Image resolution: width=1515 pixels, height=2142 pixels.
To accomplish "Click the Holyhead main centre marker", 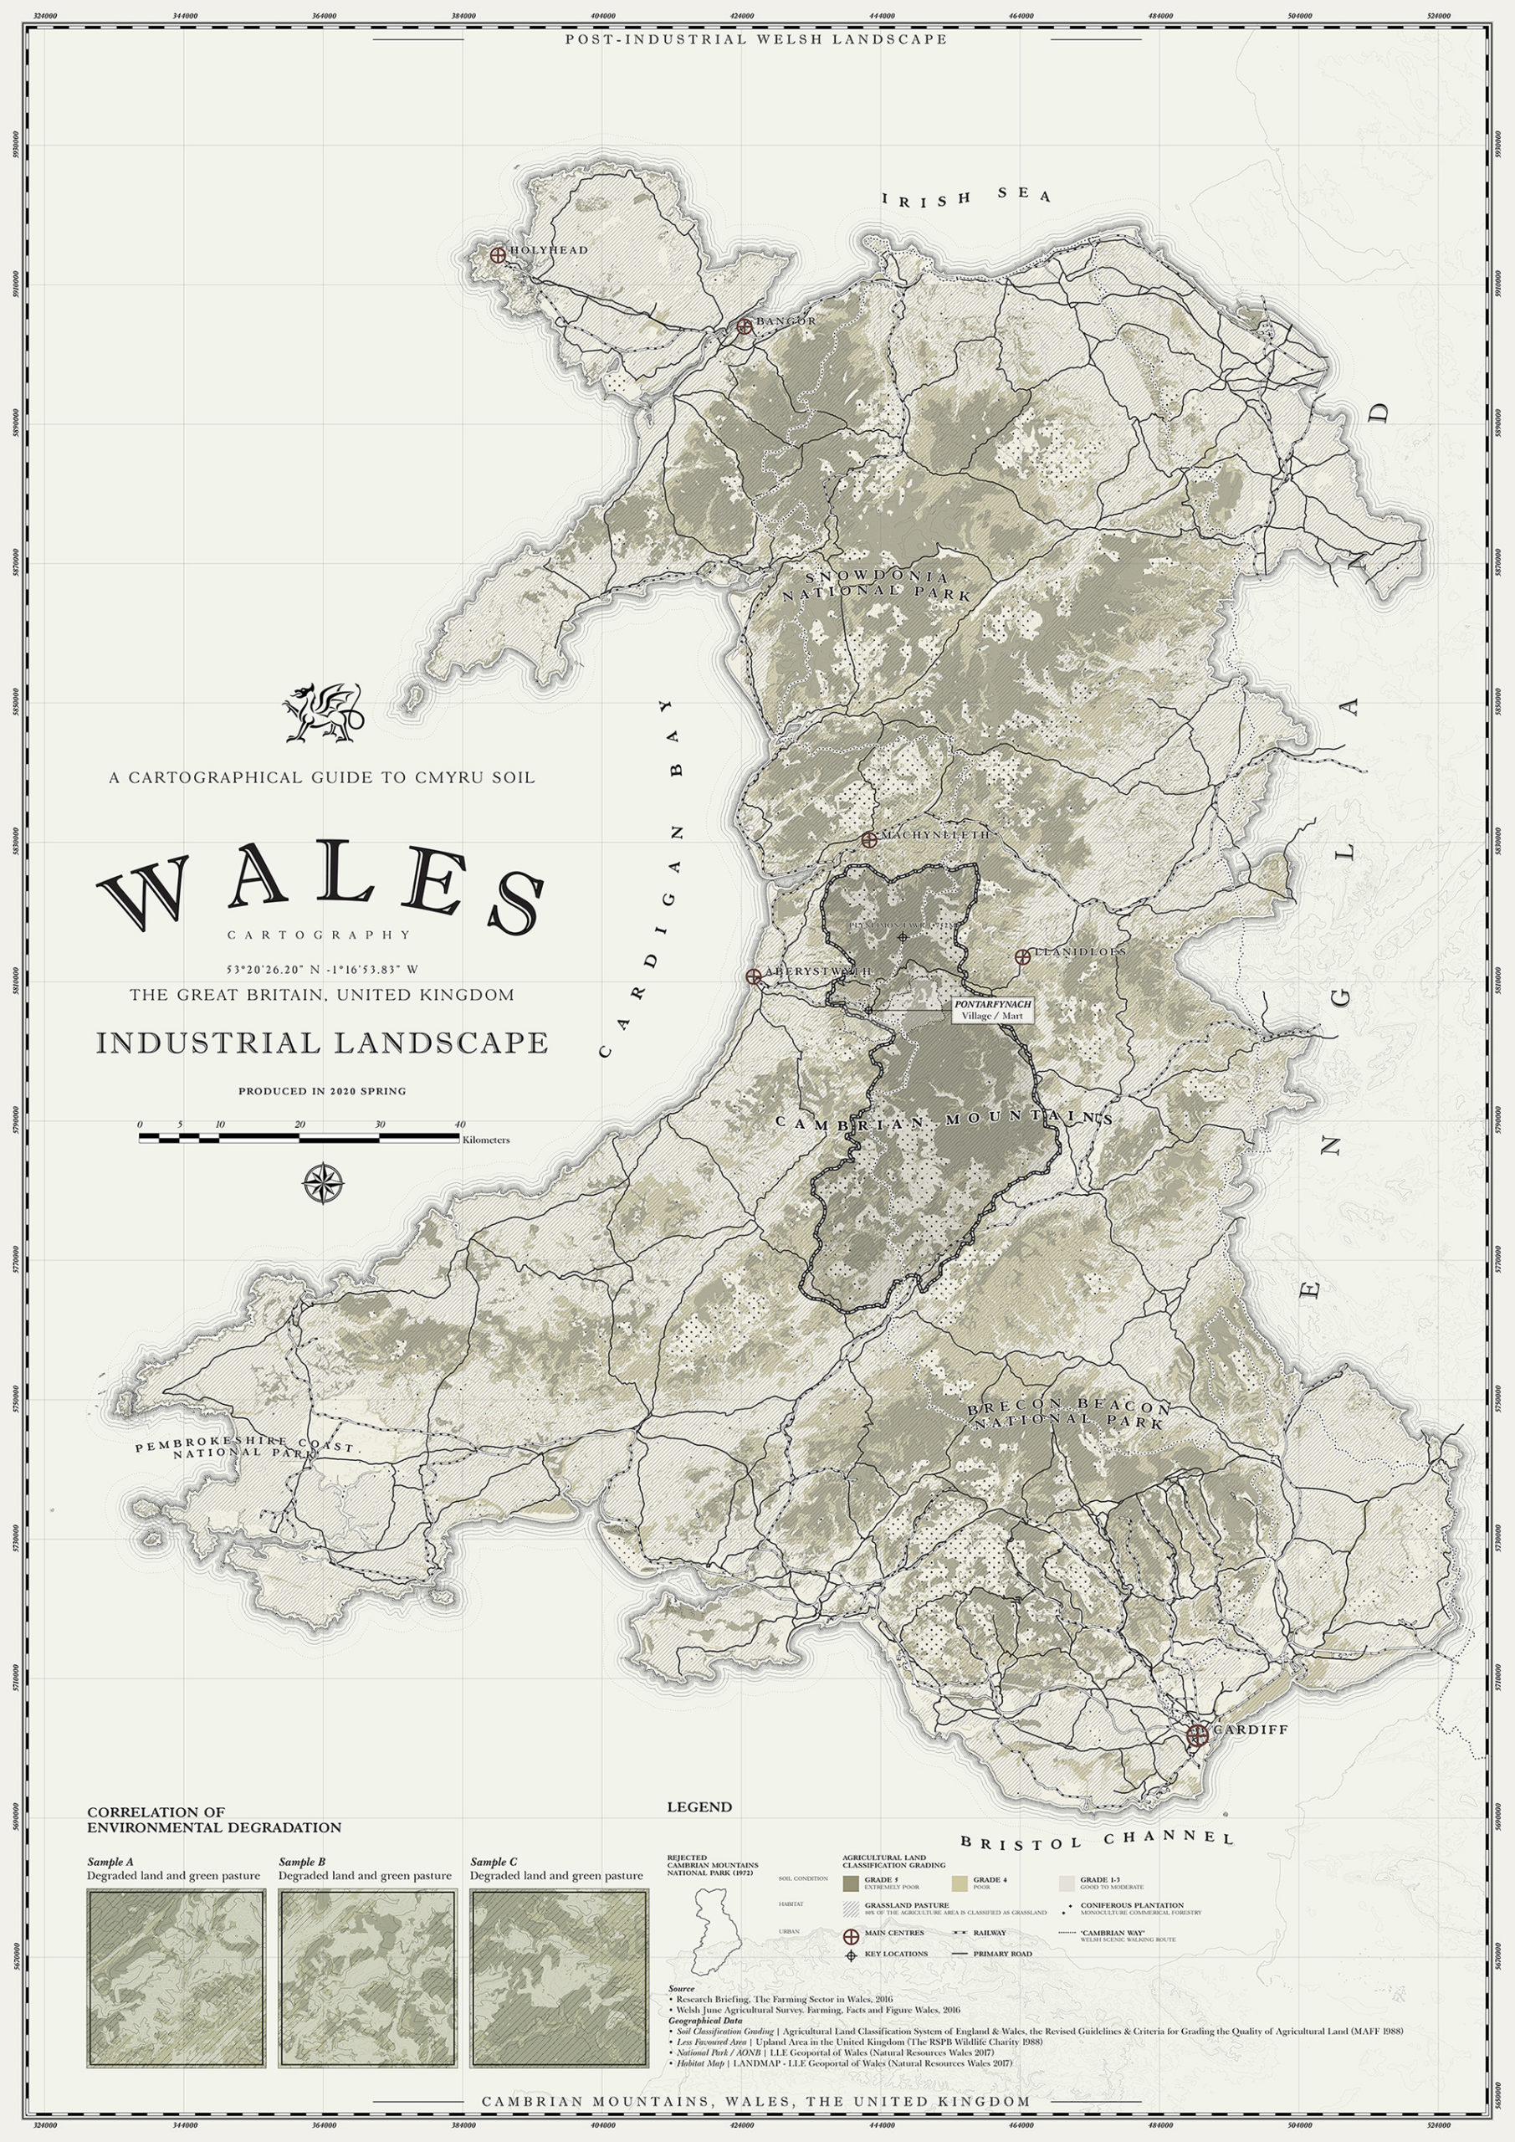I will coord(498,254).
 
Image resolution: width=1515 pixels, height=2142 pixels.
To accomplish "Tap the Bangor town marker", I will coord(744,325).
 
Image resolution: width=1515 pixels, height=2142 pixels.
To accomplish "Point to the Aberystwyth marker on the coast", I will coord(753,976).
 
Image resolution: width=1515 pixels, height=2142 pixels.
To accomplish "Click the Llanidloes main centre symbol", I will coord(1021,956).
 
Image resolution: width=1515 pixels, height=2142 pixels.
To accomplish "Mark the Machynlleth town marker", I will coord(868,838).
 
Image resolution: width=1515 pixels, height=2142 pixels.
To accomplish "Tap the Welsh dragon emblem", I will coord(322,713).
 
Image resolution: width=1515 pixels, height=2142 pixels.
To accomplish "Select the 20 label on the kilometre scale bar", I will coord(299,1125).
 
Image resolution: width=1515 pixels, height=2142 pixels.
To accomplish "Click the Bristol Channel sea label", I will coord(1097,1838).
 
